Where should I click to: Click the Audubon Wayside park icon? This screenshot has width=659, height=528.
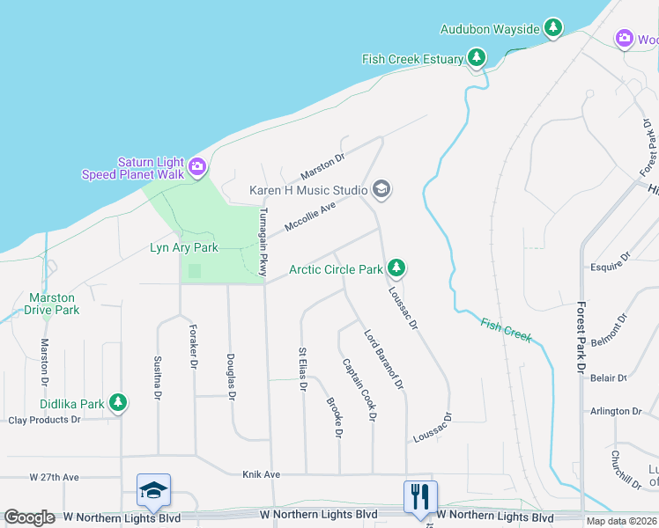553,29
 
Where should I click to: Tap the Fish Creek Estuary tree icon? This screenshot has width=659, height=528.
477,59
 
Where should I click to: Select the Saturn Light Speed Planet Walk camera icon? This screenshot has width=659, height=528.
197,166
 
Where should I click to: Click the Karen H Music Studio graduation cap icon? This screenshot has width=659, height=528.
381,189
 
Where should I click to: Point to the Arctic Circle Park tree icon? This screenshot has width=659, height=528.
397,268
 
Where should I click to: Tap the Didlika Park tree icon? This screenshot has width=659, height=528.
117,404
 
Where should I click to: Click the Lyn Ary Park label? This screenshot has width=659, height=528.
183,248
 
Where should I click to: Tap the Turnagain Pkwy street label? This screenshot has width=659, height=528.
263,242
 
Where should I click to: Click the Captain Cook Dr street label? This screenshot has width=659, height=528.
359,388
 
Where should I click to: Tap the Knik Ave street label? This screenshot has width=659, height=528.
261,473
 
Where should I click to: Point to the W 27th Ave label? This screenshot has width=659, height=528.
54,477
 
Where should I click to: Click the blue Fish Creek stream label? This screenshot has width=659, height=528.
507,330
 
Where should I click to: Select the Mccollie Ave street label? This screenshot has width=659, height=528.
309,218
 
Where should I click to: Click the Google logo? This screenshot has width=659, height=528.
30,517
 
